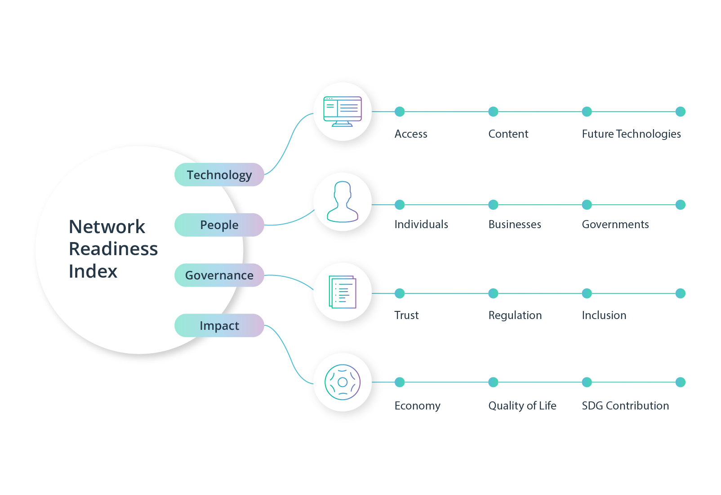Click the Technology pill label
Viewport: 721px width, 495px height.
point(219,175)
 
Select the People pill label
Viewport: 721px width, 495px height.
point(219,225)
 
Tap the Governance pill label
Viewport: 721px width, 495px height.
point(219,275)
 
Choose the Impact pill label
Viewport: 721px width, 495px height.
point(219,325)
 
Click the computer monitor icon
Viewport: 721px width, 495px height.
point(343,112)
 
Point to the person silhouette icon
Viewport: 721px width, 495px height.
point(343,202)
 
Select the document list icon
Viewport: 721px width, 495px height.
point(343,292)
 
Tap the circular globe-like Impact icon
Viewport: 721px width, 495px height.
point(343,382)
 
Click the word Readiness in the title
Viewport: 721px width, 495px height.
point(113,249)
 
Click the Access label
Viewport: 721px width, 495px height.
point(411,134)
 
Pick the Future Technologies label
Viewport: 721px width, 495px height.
point(631,134)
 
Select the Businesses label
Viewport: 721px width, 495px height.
point(515,225)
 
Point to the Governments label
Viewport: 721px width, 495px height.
point(615,225)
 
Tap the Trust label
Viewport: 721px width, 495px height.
point(406,315)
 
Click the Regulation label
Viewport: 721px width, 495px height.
point(515,315)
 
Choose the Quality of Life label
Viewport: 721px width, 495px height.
point(522,406)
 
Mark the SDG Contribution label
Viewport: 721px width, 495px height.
point(625,406)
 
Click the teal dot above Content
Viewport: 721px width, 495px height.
point(493,112)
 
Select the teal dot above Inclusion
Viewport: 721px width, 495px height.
point(587,293)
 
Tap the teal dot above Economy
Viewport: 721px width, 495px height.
point(400,382)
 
